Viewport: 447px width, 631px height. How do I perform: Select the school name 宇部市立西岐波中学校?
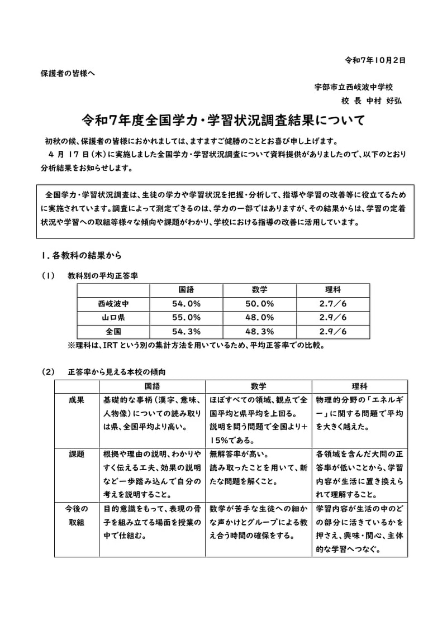pyautogui.click(x=354, y=87)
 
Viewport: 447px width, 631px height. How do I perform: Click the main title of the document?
pyautogui.click(x=223, y=120)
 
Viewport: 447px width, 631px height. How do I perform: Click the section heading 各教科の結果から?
pyautogui.click(x=85, y=255)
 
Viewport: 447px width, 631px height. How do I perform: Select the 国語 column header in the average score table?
pyautogui.click(x=186, y=290)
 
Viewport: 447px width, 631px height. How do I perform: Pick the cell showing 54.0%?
pyautogui.click(x=186, y=304)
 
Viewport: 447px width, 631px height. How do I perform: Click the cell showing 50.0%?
pyautogui.click(x=259, y=304)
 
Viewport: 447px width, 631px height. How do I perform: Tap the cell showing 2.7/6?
pyautogui.click(x=333, y=304)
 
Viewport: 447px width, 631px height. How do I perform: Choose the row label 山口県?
pyautogui.click(x=113, y=318)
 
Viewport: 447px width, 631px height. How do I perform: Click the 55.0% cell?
pyautogui.click(x=186, y=318)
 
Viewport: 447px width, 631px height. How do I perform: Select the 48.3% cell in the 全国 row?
pyautogui.click(x=259, y=332)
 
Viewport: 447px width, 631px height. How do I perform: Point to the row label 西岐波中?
pyautogui.click(x=113, y=304)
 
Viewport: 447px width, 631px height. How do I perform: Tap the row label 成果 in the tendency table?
pyautogui.click(x=77, y=400)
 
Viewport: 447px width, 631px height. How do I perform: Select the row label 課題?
pyautogui.click(x=77, y=454)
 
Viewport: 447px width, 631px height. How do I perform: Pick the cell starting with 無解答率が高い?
pyautogui.click(x=259, y=474)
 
